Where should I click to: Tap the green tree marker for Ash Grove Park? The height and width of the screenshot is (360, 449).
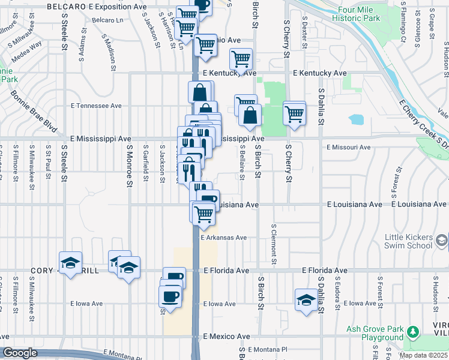point(412,332)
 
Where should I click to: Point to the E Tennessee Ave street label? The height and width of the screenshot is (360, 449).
point(96,106)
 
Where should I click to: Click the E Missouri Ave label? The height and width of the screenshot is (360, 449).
point(349,147)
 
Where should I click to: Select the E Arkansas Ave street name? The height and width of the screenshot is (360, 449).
point(224,238)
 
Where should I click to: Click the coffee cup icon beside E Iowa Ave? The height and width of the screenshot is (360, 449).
point(170,296)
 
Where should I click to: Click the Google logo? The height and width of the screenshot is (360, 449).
point(20,353)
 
